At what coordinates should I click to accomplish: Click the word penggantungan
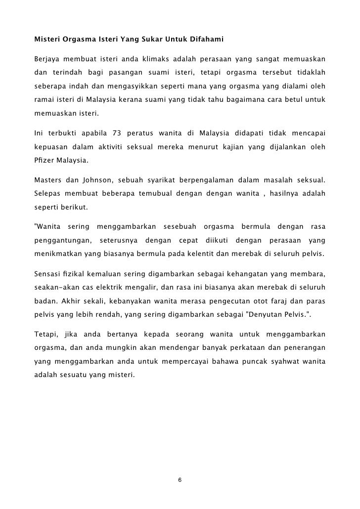tap(62, 241)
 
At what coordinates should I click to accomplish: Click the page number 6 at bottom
tap(180, 480)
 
